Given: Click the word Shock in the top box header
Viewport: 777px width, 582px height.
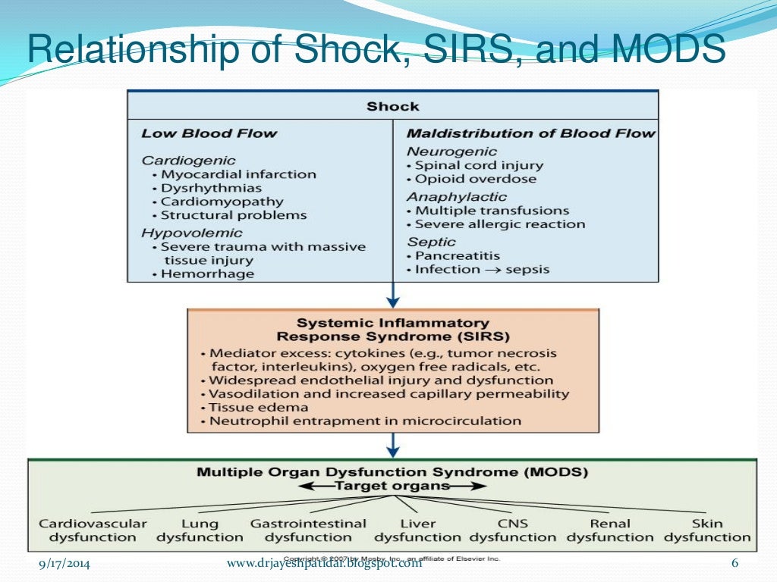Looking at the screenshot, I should pyautogui.click(x=392, y=106).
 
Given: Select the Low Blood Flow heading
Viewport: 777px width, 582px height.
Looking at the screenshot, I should pyautogui.click(x=209, y=133).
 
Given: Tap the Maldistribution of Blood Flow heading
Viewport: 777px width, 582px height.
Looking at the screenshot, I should pyautogui.click(x=531, y=133).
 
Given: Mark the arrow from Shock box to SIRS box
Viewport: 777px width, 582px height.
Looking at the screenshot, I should pyautogui.click(x=393, y=295).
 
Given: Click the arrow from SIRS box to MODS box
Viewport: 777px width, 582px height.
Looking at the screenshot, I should pyautogui.click(x=393, y=445).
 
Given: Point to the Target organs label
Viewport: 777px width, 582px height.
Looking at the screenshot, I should pyautogui.click(x=392, y=486).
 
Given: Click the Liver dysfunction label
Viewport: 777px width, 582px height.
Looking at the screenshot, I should pyautogui.click(x=417, y=530).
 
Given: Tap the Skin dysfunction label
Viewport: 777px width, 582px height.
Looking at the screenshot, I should pyautogui.click(x=707, y=530).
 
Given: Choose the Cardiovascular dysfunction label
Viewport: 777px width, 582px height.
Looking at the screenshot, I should pyautogui.click(x=93, y=530).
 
